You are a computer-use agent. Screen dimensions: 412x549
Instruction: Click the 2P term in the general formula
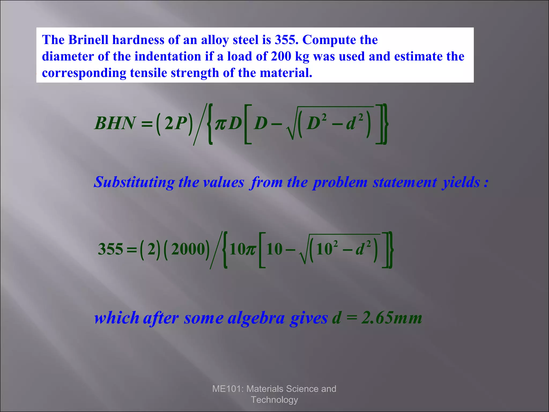point(175,123)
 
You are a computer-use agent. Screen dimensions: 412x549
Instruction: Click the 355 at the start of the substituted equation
point(110,249)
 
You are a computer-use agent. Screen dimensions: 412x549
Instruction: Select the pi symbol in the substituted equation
point(251,250)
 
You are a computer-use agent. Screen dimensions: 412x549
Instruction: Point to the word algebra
point(256,318)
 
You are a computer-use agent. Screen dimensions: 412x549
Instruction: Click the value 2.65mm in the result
point(392,318)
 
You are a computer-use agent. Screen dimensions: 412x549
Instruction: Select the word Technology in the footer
point(274,400)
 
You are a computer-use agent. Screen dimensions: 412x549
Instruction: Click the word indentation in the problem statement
point(168,57)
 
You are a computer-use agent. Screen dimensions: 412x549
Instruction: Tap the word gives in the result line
point(309,318)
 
